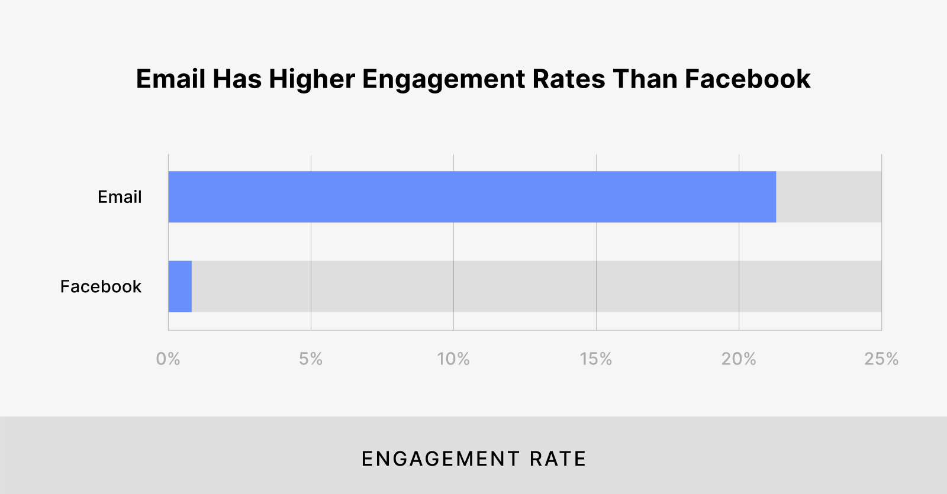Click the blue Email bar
coord(472,197)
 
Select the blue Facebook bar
coord(180,286)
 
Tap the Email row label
coord(120,197)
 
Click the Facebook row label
coord(101,287)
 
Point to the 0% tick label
coord(168,359)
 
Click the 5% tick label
coord(311,359)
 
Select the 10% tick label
coord(453,359)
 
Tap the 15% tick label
coord(596,359)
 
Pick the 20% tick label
coord(739,359)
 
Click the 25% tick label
coord(881,359)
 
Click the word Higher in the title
coord(312,79)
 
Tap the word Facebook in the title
coord(748,79)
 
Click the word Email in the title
coord(170,79)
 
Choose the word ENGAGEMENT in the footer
coord(441,459)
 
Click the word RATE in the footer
coord(558,459)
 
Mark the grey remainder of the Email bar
coord(829,197)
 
